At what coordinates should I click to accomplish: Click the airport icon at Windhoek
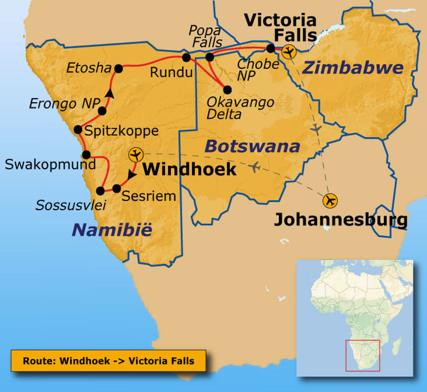136,155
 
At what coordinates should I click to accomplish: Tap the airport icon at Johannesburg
330,201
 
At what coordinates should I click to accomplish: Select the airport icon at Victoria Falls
288,52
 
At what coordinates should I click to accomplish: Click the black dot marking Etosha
118,69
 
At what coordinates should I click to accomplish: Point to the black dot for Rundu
186,57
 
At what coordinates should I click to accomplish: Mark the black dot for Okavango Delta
227,90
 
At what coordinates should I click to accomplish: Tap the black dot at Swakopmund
86,155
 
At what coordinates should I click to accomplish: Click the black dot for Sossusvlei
100,191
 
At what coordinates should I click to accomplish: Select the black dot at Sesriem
117,188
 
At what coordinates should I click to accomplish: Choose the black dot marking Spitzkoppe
78,129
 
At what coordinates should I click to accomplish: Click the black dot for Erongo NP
102,111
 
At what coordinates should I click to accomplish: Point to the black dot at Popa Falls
210,57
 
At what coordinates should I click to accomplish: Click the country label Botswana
252,146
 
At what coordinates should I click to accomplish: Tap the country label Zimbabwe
352,68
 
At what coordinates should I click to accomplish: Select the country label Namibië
112,229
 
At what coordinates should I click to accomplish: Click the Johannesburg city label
340,219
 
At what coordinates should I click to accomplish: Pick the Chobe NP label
258,69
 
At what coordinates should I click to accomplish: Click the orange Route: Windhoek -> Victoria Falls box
108,361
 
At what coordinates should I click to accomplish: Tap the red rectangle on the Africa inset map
362,355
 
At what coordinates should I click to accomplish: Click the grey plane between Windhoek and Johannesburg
255,167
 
